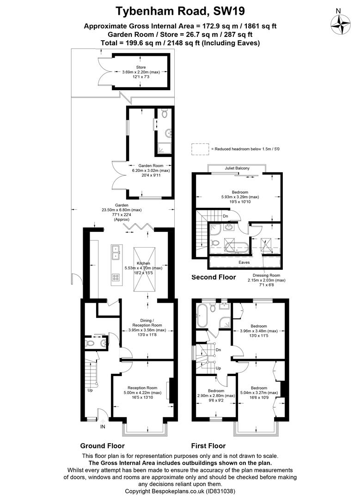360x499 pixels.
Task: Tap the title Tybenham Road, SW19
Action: pos(180,12)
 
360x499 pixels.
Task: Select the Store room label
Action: pos(141,67)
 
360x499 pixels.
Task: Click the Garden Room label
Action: pos(151,166)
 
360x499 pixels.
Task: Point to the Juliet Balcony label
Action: pos(237,168)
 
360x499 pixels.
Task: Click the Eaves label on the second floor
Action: pos(244,262)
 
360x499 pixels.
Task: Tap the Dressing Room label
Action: pos(267,275)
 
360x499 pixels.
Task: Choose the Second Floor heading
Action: pos(214,277)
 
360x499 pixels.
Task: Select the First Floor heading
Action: pos(208,446)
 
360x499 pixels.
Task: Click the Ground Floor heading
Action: pos(102,446)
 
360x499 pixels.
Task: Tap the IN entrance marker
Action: pos(103,427)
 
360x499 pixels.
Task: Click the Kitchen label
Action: pos(143,263)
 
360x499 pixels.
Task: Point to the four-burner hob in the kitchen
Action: pos(116,277)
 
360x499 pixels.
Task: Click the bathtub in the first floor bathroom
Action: pos(202,316)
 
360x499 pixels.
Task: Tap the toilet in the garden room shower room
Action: pos(165,113)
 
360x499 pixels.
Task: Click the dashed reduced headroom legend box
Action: pos(201,149)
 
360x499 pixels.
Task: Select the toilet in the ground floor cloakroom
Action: pos(90,343)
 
